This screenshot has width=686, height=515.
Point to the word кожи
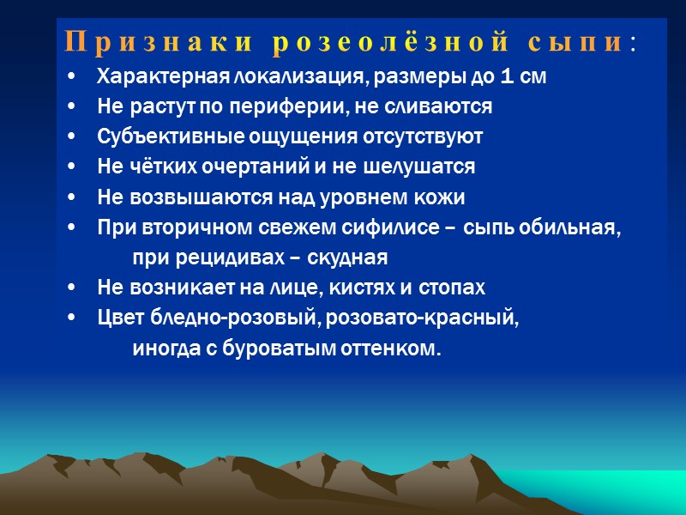point(441,197)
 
